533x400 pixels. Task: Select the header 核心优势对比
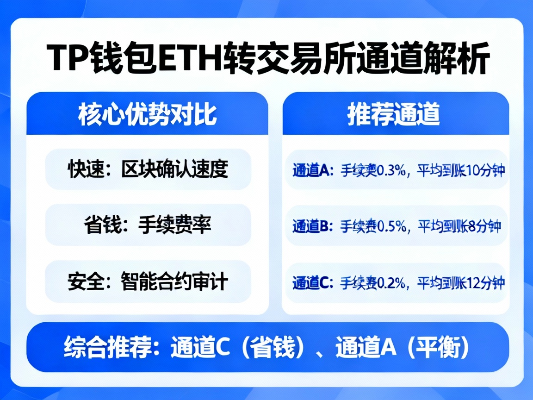147,114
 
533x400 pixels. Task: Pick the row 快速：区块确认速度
148,169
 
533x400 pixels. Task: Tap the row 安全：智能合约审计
148,281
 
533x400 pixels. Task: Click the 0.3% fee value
392,171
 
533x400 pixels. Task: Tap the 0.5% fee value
392,226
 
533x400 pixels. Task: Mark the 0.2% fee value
392,282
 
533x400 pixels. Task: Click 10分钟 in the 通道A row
485,171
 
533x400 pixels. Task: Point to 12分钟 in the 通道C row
485,282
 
